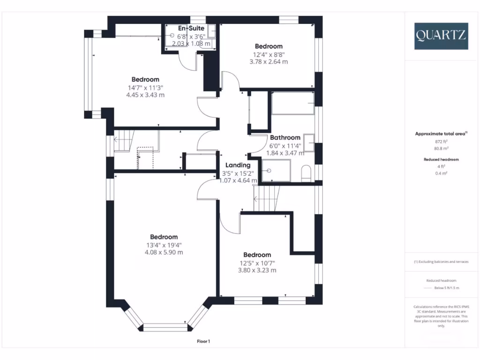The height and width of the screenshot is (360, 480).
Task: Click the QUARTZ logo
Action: (x=441, y=36)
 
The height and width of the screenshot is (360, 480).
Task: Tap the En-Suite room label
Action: (x=191, y=29)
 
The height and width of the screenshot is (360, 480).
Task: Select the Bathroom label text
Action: (x=285, y=137)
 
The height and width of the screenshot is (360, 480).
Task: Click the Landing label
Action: (x=238, y=165)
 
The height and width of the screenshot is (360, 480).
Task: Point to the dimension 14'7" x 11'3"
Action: (x=145, y=87)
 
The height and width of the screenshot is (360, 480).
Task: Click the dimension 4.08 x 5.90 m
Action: (x=164, y=252)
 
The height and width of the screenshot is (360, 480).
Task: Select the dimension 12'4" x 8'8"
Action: (x=269, y=54)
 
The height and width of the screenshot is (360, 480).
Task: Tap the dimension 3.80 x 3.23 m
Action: (x=257, y=270)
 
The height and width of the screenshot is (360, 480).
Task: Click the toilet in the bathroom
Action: (x=306, y=172)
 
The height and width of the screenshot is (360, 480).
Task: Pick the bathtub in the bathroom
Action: (x=292, y=103)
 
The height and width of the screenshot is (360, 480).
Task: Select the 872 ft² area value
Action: (x=441, y=141)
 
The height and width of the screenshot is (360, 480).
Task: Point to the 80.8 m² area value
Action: (x=441, y=148)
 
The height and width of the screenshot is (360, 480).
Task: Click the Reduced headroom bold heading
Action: (x=441, y=159)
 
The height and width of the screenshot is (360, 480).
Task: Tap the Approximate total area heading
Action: (x=441, y=134)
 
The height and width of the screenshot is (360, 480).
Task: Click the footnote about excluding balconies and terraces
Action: (x=441, y=262)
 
